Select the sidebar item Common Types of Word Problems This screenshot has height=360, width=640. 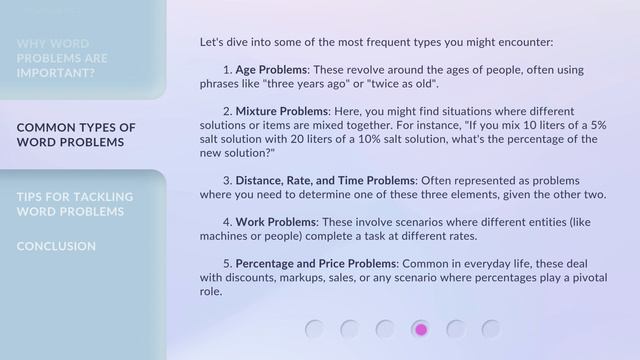[76, 135]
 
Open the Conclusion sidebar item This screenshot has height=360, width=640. [56, 246]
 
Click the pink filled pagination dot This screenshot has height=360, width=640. [421, 329]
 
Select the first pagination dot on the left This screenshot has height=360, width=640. [315, 329]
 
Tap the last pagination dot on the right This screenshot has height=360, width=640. [491, 329]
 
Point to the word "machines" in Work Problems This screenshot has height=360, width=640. [228, 236]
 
